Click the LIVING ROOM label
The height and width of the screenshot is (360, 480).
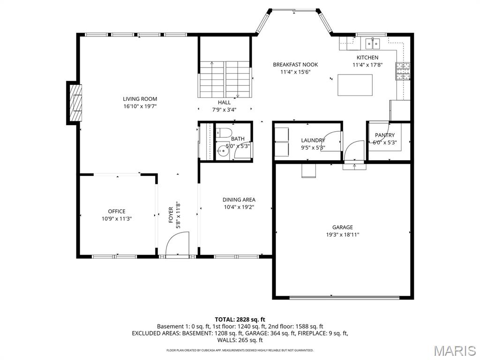(140, 99)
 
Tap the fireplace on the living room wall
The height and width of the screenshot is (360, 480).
(75, 103)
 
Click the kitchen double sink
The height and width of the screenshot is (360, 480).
(373, 44)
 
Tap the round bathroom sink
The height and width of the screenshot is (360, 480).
(221, 151)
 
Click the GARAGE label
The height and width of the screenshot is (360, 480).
(343, 227)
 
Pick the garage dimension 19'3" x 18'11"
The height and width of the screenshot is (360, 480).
(343, 235)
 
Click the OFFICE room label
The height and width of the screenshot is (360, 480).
(117, 211)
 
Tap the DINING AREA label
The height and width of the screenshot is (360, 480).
(239, 200)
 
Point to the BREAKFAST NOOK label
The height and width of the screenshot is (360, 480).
(295, 65)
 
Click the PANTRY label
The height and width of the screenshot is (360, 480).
(384, 135)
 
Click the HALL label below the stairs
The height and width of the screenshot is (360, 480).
(224, 103)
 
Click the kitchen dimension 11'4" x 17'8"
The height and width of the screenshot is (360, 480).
(367, 65)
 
